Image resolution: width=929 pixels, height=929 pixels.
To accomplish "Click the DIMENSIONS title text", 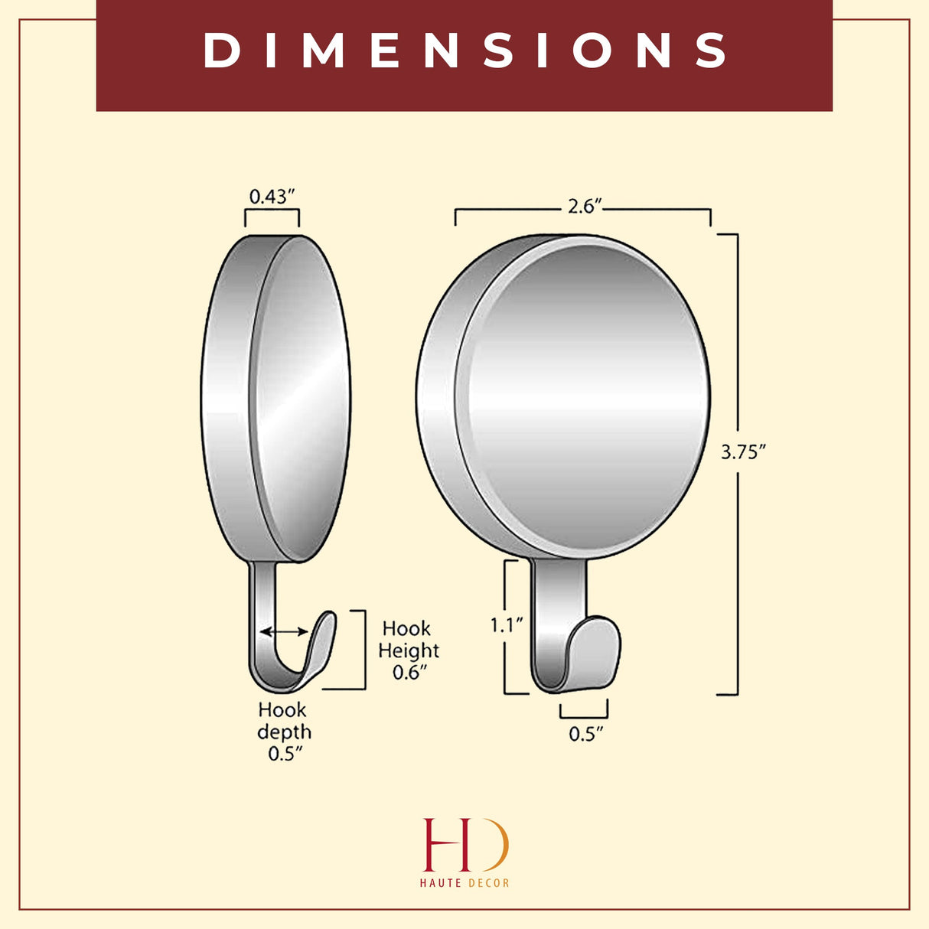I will pyautogui.click(x=464, y=51).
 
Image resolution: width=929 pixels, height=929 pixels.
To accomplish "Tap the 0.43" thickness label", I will pyautogui.click(x=272, y=197).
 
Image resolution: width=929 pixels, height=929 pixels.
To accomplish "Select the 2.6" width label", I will pyautogui.click(x=584, y=207).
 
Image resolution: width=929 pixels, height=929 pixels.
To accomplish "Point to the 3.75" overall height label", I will pyautogui.click(x=743, y=452).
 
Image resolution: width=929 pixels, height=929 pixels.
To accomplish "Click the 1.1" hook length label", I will pyautogui.click(x=507, y=625).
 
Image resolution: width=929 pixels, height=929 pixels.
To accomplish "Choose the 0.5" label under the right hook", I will pyautogui.click(x=585, y=734).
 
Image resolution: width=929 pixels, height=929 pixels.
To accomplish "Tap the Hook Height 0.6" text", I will pyautogui.click(x=409, y=650).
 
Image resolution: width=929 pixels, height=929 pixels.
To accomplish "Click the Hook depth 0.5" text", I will pyautogui.click(x=284, y=732).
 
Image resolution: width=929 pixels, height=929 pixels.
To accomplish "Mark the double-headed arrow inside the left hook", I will pyautogui.click(x=284, y=631).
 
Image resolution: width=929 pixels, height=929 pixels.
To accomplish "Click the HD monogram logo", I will pyautogui.click(x=464, y=845).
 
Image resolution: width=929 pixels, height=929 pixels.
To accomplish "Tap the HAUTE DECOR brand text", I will pyautogui.click(x=464, y=883).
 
